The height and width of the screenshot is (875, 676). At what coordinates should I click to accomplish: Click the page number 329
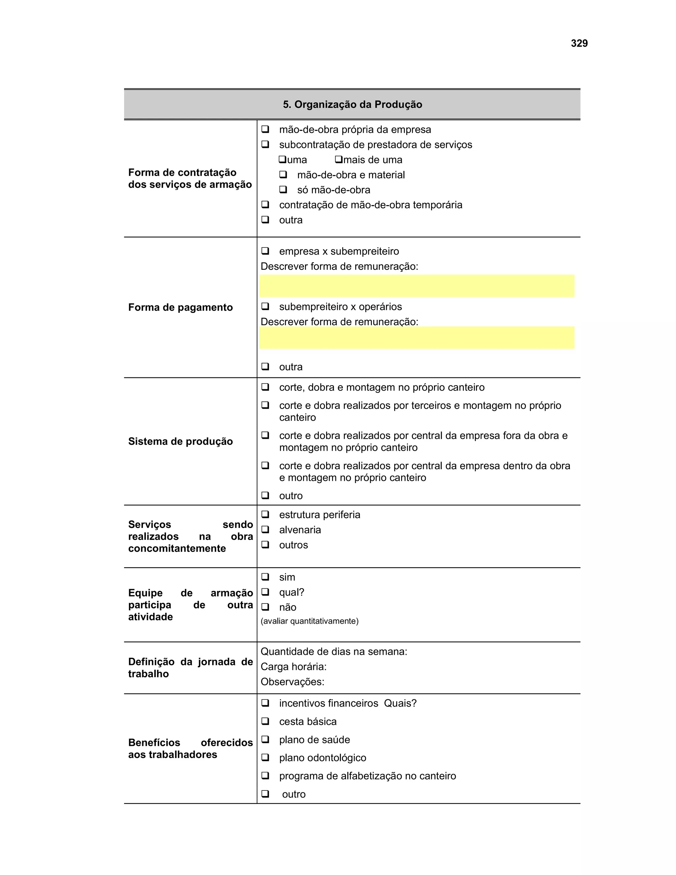(579, 43)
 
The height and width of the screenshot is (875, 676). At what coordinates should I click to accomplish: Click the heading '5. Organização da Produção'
(353, 105)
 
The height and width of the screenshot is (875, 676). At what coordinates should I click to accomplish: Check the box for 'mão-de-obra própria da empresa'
(265, 129)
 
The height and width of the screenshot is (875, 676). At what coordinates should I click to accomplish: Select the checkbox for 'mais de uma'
(339, 159)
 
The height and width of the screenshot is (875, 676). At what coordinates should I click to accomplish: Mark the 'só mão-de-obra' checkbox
(283, 190)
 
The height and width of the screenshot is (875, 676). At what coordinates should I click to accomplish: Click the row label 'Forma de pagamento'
(180, 307)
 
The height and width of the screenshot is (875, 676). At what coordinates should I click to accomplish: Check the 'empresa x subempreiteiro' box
(265, 251)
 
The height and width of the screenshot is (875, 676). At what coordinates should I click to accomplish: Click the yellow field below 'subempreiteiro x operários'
(417, 338)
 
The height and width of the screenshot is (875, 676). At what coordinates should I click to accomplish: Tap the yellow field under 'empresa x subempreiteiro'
(417, 286)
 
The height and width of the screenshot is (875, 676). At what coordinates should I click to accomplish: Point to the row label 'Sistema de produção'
(180, 441)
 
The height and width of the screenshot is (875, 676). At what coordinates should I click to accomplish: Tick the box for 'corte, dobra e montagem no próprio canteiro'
(265, 387)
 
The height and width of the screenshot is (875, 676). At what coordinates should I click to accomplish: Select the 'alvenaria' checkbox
(265, 530)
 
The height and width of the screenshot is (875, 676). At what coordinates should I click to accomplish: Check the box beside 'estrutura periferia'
(265, 514)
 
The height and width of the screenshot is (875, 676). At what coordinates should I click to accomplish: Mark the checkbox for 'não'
(265, 607)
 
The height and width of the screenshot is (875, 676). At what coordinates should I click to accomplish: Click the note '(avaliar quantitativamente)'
(310, 621)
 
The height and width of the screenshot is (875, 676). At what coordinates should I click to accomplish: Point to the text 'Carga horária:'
(293, 666)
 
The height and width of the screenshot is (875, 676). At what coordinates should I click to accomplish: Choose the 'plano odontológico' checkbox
(265, 757)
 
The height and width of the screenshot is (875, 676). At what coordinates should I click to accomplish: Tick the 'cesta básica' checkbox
(265, 721)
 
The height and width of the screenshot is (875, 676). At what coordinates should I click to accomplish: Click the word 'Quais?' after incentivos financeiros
(400, 703)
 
